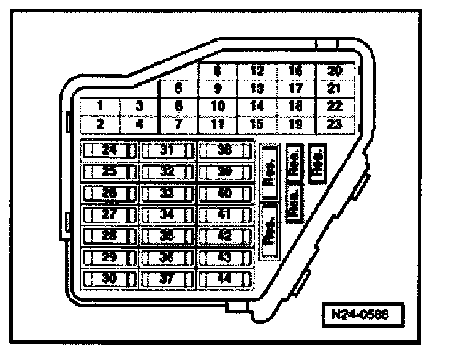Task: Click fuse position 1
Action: coord(99,106)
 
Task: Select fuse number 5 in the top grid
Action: coord(178,88)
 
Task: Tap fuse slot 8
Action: coord(217,71)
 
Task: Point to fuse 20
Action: coord(335,71)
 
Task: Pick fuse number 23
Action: coord(335,124)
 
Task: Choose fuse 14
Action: coord(257,106)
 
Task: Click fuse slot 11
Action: coord(217,124)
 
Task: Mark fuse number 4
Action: coord(139,124)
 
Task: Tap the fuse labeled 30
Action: coord(109,279)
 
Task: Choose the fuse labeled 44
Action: coord(225,279)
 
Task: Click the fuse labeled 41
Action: coord(225,215)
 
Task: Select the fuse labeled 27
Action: coord(109,215)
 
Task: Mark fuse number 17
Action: coord(296,88)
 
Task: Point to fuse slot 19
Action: coord(296,124)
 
